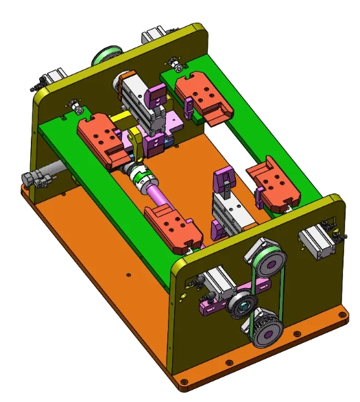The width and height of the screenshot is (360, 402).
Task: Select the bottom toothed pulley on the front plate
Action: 266,334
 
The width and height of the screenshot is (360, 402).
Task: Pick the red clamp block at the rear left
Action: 101,137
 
